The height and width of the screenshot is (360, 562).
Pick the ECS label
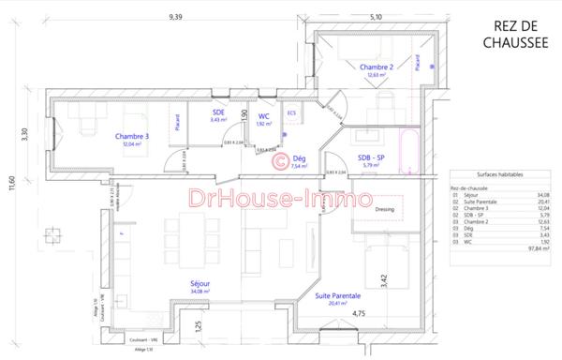point(291,113)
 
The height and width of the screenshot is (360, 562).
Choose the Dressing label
point(385,210)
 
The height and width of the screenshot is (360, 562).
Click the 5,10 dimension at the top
point(377,17)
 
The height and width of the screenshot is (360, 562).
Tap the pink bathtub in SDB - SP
point(409,150)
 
